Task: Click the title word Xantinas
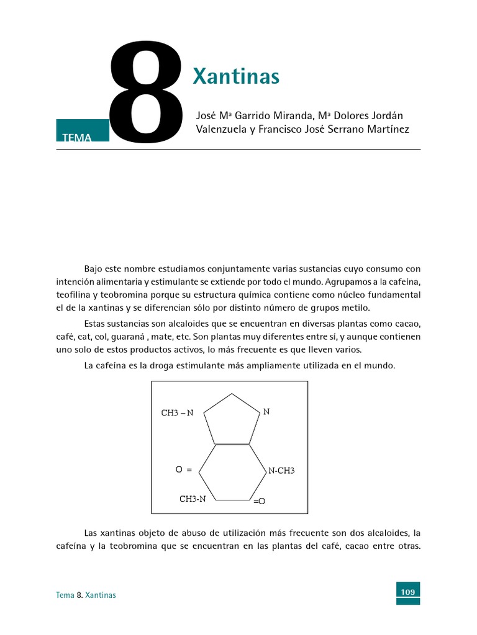pos(236,77)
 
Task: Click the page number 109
pos(407,592)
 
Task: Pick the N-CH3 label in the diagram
pos(281,471)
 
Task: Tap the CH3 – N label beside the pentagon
pos(177,413)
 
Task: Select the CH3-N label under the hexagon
pos(193,498)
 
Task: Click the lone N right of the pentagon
pos(266,411)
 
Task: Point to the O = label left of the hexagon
pos(184,470)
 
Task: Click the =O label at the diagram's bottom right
pos(259,500)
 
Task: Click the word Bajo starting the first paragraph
pos(94,269)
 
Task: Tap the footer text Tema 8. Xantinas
pos(86,595)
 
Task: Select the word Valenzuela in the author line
pos(220,130)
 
